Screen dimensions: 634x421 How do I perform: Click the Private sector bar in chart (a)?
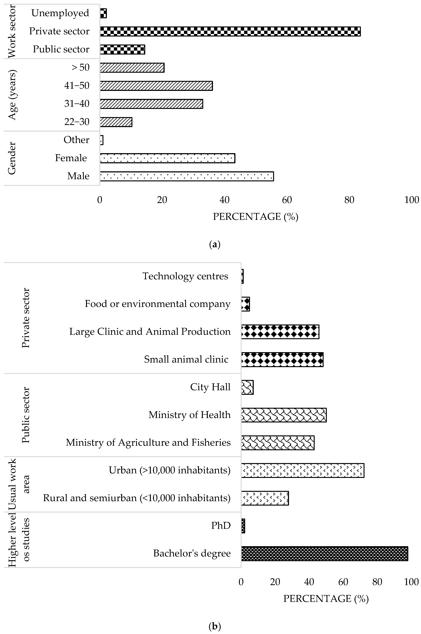click(x=230, y=31)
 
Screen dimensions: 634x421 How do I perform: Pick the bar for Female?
click(x=167, y=158)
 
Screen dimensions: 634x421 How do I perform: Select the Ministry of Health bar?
click(x=284, y=415)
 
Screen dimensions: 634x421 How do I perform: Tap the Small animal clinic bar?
click(x=282, y=359)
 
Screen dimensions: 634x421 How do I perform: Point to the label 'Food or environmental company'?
click(x=158, y=304)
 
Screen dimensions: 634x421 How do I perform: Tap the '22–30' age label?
click(x=77, y=122)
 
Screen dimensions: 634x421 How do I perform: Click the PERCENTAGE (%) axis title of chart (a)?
click(x=255, y=217)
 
